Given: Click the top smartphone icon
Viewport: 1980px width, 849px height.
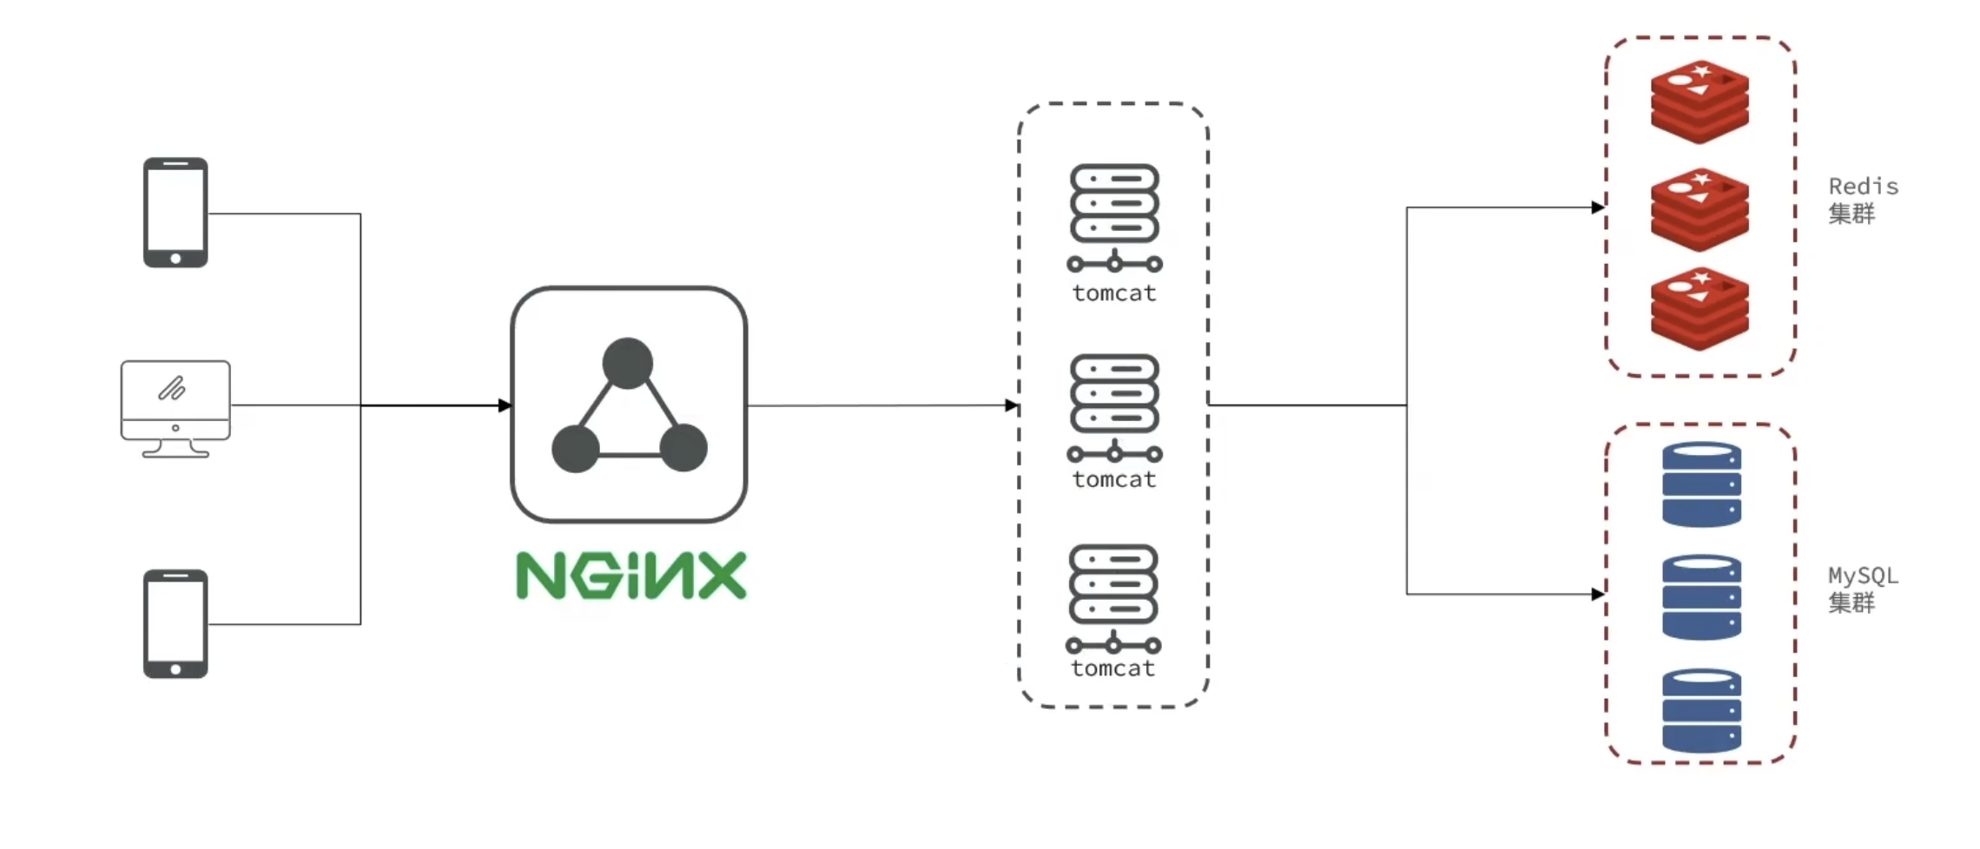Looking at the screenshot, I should (x=175, y=213).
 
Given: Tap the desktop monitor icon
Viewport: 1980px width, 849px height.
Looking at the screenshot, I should (x=175, y=407).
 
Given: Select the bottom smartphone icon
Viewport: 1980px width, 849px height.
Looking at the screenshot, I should (x=175, y=623).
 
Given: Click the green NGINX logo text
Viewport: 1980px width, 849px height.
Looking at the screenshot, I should (x=631, y=576).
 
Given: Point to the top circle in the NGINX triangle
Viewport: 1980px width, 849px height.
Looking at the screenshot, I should (x=628, y=363).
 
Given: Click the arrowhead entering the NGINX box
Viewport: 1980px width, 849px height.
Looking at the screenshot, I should (x=505, y=405).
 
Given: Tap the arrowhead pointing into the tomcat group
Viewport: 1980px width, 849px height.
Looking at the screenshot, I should (x=1011, y=405).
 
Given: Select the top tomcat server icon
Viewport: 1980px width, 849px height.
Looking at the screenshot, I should (x=1114, y=217).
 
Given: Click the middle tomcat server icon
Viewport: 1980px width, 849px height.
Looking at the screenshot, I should (x=1114, y=406).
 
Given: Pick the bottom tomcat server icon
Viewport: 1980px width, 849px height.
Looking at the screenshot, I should (x=1113, y=597).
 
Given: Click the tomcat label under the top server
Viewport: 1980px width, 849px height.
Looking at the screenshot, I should (x=1114, y=293).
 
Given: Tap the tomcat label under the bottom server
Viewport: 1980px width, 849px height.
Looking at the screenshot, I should (x=1112, y=668).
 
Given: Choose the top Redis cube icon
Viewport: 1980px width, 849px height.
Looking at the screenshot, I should (x=1699, y=102).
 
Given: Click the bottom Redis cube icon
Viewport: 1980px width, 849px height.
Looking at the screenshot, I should (x=1699, y=309).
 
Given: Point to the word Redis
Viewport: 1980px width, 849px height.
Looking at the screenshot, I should (x=1863, y=187).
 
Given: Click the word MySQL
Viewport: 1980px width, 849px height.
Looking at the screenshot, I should (x=1863, y=576).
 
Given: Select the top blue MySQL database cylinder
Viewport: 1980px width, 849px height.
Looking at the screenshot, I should (x=1701, y=484).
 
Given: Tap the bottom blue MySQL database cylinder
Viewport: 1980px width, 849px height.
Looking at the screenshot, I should (x=1701, y=710).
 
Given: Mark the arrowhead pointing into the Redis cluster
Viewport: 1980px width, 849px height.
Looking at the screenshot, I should (x=1598, y=207).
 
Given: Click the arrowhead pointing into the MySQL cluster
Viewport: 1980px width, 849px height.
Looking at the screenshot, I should (x=1598, y=594).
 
